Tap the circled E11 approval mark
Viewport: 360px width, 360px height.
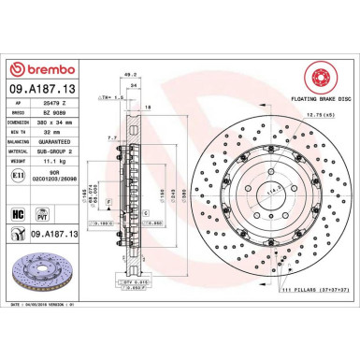click(22, 189)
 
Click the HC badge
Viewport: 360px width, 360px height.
click(19, 214)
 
